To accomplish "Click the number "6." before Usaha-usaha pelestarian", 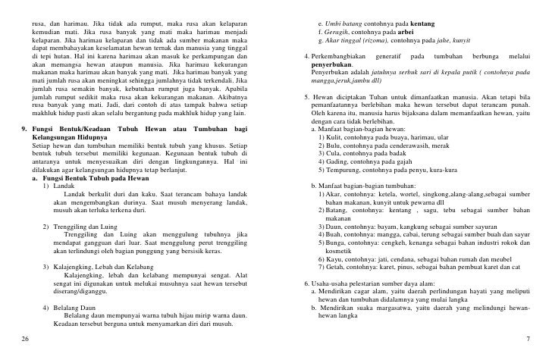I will tap(305, 280).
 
